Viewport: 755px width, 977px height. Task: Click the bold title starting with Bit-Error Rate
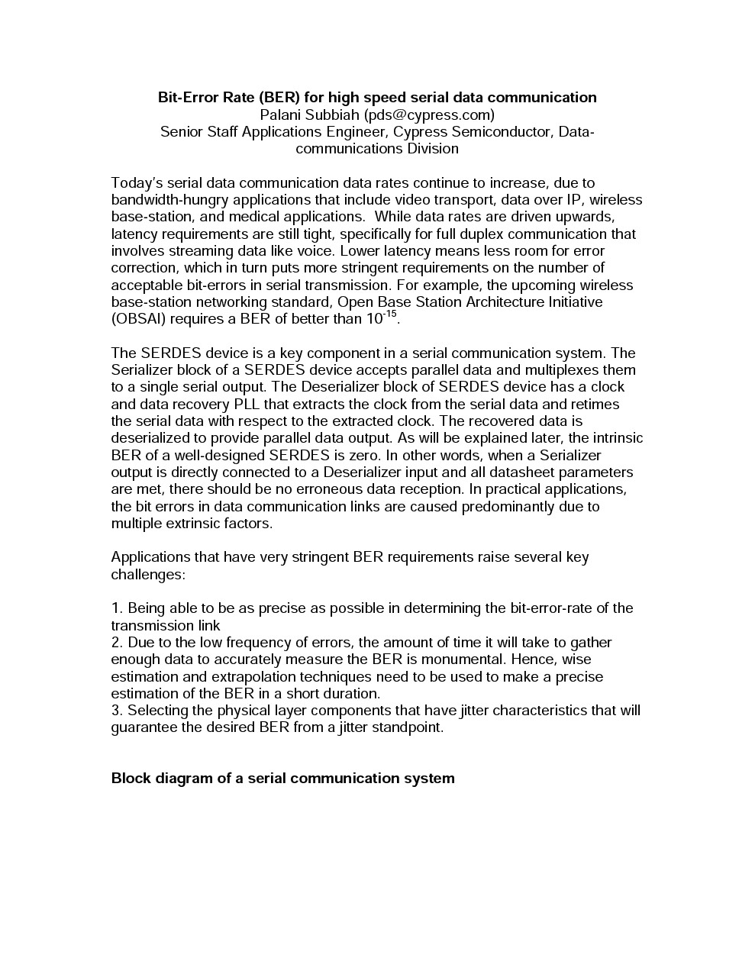[x=377, y=97]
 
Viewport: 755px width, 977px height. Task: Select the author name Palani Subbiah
[x=309, y=114]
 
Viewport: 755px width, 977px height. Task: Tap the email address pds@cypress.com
[x=429, y=114]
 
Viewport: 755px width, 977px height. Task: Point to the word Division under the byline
[x=432, y=148]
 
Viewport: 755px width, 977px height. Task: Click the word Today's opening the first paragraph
[x=137, y=183]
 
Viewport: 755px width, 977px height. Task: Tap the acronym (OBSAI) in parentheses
[x=138, y=319]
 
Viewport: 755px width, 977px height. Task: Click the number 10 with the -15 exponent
[x=374, y=319]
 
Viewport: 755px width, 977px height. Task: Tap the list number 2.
[x=116, y=643]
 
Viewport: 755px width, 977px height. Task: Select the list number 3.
[x=116, y=711]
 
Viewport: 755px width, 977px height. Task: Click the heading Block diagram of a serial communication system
[x=282, y=779]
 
